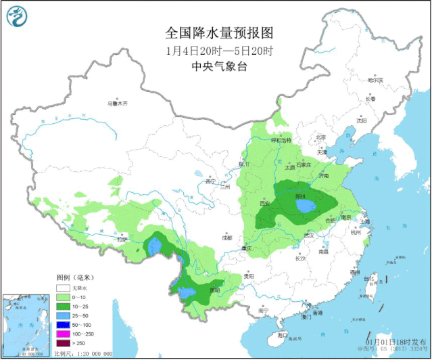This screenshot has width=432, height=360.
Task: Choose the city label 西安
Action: coord(264,203)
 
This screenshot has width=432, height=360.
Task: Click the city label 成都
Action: coord(226,238)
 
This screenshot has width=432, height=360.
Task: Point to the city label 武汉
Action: coord(310,235)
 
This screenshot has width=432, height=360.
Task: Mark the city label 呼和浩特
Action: coord(281,140)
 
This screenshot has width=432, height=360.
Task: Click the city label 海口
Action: coord(283,335)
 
